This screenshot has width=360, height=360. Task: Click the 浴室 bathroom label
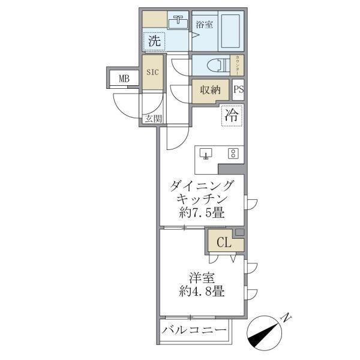[205, 25]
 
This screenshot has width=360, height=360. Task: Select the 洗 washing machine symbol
[154, 42]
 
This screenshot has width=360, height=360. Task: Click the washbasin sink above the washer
[178, 23]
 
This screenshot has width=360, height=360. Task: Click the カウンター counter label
[238, 65]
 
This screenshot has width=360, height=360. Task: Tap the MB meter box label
[124, 78]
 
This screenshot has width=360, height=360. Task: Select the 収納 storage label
[210, 90]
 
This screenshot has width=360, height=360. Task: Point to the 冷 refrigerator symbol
[231, 116]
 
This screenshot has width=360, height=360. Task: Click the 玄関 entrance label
[152, 118]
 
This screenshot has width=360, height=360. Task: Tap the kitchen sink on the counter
[206, 154]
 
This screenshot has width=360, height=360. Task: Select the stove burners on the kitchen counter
[232, 154]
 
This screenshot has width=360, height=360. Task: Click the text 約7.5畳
[201, 212]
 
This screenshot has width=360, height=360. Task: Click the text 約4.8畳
[201, 293]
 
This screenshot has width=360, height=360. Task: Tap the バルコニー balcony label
[194, 331]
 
